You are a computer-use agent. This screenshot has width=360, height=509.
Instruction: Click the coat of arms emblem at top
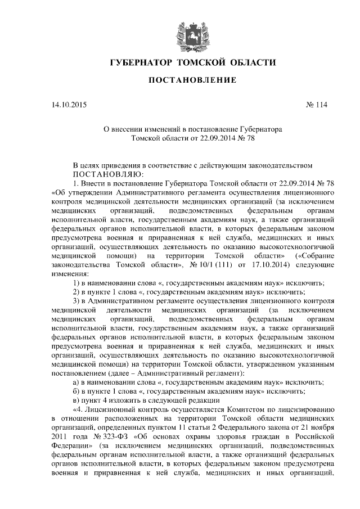point(184,32)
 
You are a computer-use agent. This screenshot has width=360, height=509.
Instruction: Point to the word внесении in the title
point(134,129)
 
